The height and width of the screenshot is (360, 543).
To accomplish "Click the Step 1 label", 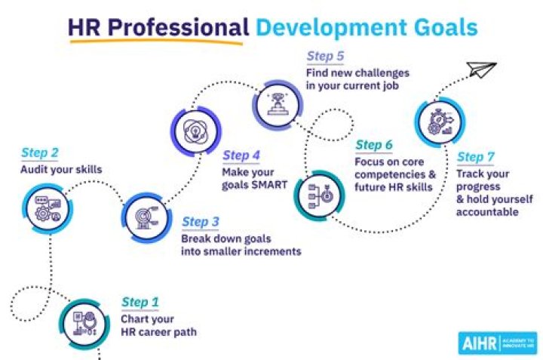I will tap(140, 303).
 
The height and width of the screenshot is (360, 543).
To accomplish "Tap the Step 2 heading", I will tap(39, 154).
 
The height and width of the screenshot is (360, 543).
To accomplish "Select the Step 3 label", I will tap(201, 222).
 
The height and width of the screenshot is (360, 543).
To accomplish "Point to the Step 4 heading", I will tap(241, 155).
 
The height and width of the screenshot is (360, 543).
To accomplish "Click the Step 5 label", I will tap(326, 57).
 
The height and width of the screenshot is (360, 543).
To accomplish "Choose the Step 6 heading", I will tap(374, 145).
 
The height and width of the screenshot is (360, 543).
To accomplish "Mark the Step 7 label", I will tap(475, 157).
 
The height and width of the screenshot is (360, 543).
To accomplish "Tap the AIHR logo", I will tap(497, 342).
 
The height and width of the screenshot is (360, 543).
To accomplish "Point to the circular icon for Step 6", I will tap(315, 193).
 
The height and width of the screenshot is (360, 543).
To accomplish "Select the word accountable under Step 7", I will tap(486, 212).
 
